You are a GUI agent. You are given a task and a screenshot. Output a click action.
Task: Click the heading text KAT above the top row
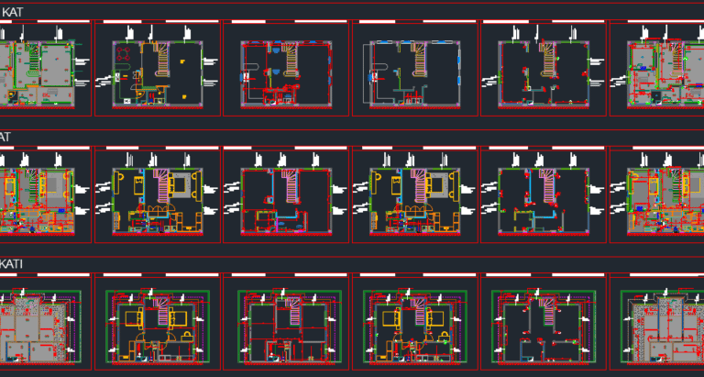tap(12, 12)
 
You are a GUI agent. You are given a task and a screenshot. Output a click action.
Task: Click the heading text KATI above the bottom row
tap(12, 264)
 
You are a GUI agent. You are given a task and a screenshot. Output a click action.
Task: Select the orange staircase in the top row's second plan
tap(162, 59)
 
